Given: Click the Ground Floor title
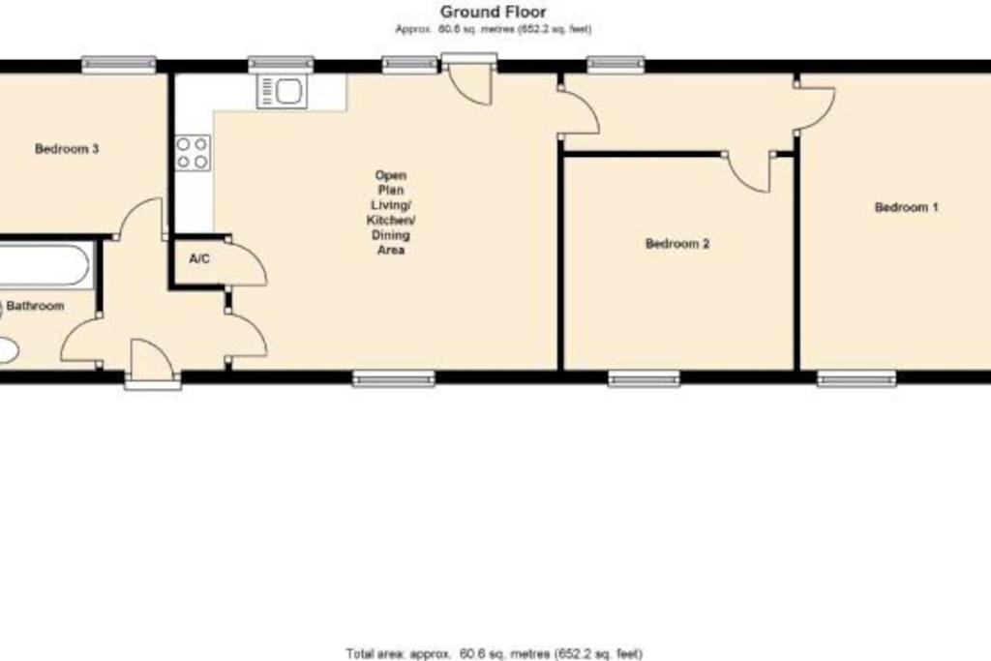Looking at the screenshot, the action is [493, 12].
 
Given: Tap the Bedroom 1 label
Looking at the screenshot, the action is [906, 207].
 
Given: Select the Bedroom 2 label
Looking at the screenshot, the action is [676, 243].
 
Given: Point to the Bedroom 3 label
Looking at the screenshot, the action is [67, 149].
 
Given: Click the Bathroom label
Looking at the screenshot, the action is [36, 306].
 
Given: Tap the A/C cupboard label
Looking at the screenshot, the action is [199, 259].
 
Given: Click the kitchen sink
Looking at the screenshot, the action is [282, 92].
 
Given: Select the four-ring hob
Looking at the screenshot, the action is [193, 153].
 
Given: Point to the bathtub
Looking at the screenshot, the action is [45, 265].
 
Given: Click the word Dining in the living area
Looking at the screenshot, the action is [391, 235].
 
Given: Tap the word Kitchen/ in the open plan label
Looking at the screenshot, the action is [391, 220].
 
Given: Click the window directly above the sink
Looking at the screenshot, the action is [281, 64].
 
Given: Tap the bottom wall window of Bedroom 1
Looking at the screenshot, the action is [856, 378].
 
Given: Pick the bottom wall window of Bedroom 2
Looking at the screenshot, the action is [644, 378].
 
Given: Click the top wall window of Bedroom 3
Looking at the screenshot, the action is [119, 64].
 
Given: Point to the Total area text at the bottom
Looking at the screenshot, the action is [495, 653].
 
